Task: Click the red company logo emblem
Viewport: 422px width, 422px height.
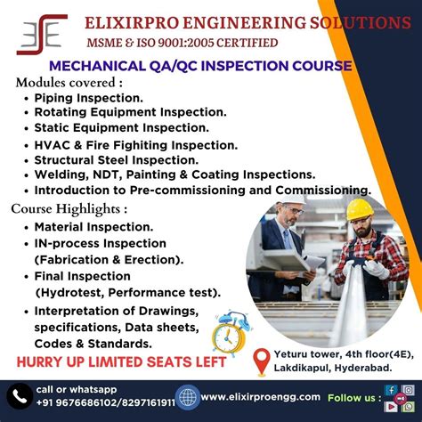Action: click(41, 33)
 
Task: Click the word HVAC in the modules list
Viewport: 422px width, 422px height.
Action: click(53, 144)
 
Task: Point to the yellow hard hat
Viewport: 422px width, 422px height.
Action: click(360, 208)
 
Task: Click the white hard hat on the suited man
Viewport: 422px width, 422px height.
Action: click(294, 197)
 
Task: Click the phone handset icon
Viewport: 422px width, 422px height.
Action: click(20, 395)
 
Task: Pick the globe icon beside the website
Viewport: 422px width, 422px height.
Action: click(187, 396)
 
